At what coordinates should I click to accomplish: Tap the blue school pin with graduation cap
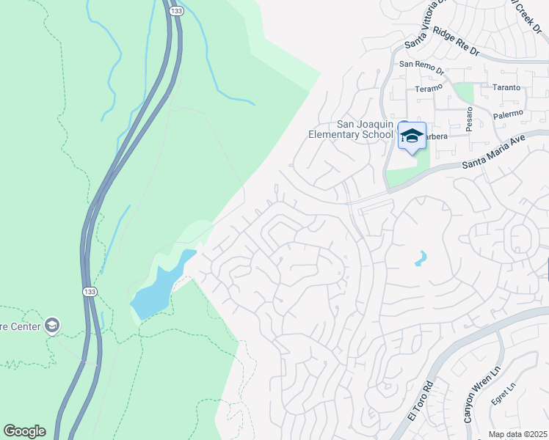pos(412,136)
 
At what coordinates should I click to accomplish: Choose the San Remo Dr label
pos(421,67)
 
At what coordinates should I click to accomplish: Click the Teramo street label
pos(429,88)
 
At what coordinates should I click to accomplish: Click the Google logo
pos(24,431)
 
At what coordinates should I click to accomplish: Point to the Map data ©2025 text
pos(517,434)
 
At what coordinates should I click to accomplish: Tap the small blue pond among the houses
pos(420,259)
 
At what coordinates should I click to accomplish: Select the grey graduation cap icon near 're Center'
pos(51,324)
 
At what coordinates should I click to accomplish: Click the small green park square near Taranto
pos(464,93)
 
